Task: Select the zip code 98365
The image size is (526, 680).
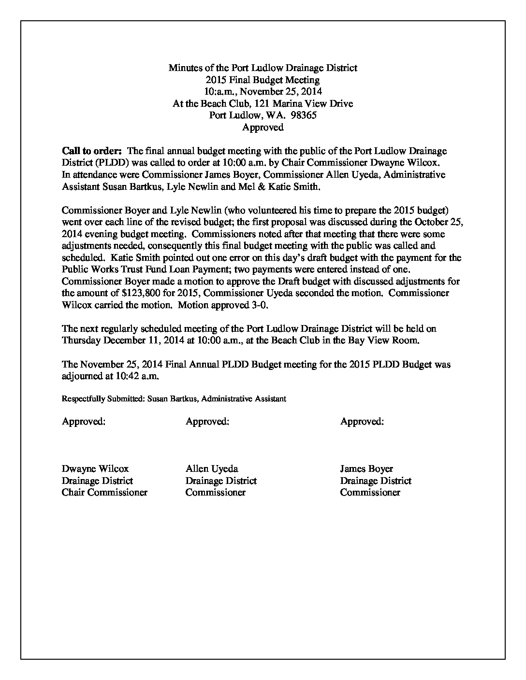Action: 303,115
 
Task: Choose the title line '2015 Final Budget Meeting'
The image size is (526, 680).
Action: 263,80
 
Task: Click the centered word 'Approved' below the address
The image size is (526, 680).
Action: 263,127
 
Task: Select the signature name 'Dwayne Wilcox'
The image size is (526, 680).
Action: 95,469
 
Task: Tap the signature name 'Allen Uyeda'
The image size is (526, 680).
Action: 212,469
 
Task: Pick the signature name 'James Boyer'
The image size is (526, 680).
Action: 366,469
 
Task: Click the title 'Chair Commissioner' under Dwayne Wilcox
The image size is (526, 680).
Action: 104,493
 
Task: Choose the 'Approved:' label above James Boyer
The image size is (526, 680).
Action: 362,422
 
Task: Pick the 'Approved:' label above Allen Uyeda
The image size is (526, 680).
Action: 207,422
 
